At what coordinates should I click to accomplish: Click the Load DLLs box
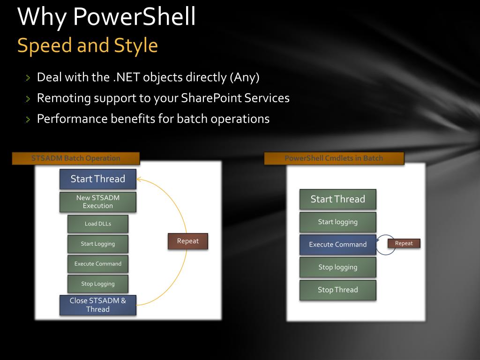tap(97, 224)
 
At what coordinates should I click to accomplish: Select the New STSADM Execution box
tap(97, 202)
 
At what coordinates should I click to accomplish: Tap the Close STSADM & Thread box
tap(97, 305)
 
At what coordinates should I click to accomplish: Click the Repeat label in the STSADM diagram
tap(187, 241)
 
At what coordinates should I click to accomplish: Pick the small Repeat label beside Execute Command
tap(404, 243)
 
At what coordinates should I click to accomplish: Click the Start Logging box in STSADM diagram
tap(97, 244)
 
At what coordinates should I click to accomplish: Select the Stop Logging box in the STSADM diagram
tap(97, 284)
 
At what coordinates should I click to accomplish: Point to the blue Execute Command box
tap(337, 244)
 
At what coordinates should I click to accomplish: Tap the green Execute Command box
tap(97, 263)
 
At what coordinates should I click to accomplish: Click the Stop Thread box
tap(337, 290)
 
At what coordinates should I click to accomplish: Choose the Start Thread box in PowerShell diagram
tap(337, 199)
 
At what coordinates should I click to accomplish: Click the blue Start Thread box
tap(97, 179)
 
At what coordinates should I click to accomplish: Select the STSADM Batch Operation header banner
tap(75, 158)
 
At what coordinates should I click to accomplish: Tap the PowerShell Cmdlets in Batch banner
tap(334, 158)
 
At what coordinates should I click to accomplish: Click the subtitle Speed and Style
tap(87, 45)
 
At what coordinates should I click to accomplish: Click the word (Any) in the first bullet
tap(244, 77)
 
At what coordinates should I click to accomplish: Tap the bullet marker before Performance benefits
tap(28, 120)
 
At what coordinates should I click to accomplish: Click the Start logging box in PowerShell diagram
tap(337, 222)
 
